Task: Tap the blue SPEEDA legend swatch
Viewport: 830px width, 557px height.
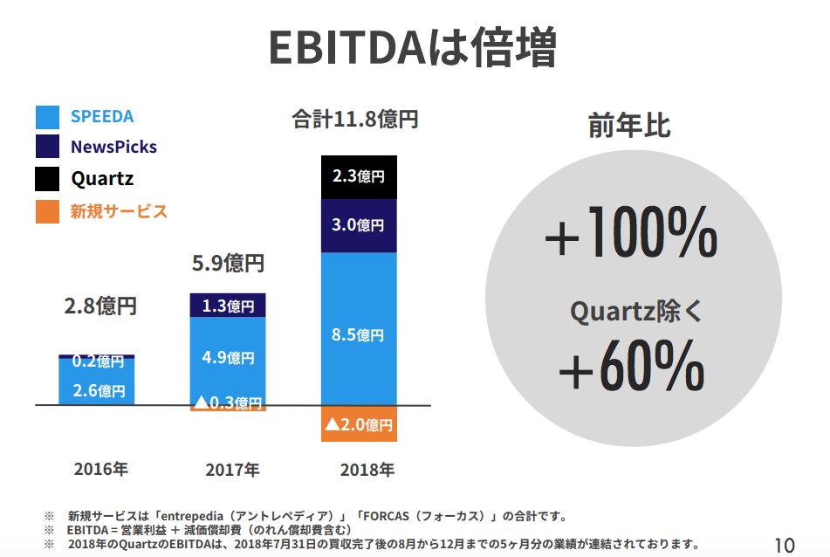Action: tap(47, 117)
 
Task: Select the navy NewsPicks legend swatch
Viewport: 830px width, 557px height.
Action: tap(47, 147)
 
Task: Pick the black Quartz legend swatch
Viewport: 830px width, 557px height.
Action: tap(47, 179)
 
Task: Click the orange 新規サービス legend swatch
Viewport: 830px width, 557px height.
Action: tap(47, 211)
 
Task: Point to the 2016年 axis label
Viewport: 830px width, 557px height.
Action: tap(101, 469)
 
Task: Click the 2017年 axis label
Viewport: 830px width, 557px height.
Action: tap(232, 470)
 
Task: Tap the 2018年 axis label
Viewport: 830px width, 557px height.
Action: tap(367, 470)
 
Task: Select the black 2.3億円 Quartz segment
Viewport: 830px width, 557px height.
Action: tap(359, 176)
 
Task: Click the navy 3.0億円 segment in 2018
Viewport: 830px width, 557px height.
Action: tap(359, 225)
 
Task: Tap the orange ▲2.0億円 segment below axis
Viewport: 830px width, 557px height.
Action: tap(359, 424)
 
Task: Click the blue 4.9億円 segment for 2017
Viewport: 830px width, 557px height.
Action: tap(228, 357)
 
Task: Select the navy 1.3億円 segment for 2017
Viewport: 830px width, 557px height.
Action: tap(228, 306)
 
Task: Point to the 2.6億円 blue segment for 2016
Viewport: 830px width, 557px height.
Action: tap(97, 390)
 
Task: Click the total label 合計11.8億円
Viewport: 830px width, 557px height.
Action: tap(355, 120)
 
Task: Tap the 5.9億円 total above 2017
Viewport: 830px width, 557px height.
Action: tap(228, 262)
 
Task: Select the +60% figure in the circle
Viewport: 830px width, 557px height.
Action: tap(630, 368)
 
